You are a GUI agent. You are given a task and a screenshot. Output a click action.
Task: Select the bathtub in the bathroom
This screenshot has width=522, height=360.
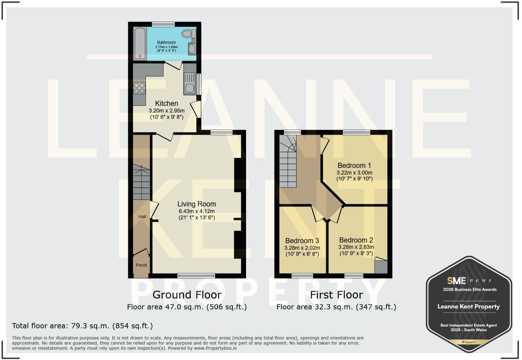140,43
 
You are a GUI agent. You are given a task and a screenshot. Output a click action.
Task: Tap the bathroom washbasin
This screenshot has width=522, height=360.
192,49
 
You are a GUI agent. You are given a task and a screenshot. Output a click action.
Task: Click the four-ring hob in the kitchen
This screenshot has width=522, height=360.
139,88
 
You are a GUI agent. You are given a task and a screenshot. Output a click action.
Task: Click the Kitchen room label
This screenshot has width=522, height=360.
166,103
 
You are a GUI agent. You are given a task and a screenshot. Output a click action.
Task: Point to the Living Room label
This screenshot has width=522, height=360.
197,204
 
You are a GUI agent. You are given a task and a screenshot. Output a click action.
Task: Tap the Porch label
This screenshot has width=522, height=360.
141,265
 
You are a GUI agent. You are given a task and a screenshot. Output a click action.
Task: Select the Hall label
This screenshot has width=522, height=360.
142,216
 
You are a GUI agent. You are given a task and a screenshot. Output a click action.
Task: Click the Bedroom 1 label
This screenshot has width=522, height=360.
354,165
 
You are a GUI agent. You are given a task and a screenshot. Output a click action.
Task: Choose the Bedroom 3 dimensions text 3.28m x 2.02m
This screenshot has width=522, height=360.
302,248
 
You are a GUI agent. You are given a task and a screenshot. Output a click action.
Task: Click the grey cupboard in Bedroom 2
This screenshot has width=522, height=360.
381,267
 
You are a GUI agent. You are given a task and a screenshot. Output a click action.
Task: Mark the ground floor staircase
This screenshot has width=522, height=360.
141,182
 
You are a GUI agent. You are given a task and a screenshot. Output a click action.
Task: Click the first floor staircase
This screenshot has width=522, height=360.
288,165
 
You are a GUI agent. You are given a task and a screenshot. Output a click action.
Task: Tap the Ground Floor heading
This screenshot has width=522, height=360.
187,295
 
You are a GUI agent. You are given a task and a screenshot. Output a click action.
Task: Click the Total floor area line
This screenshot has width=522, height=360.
82,326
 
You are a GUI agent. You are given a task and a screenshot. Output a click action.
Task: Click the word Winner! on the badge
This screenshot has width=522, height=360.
469,342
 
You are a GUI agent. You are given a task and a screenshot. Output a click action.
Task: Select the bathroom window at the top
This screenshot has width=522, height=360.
163,24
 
